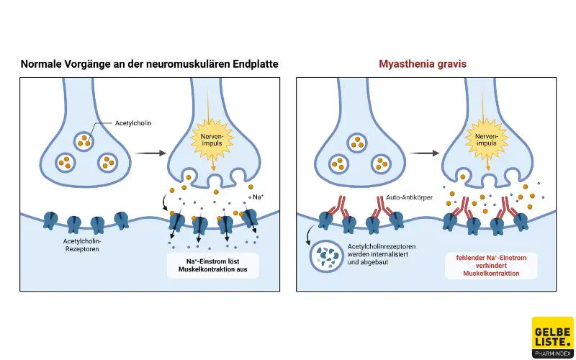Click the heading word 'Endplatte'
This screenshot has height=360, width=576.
[253, 64]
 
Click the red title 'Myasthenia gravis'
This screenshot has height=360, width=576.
[423, 64]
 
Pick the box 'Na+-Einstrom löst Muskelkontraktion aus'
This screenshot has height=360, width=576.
[212, 265]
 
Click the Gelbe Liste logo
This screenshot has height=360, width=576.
[552, 337]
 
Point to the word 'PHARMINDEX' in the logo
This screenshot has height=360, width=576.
[552, 353]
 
